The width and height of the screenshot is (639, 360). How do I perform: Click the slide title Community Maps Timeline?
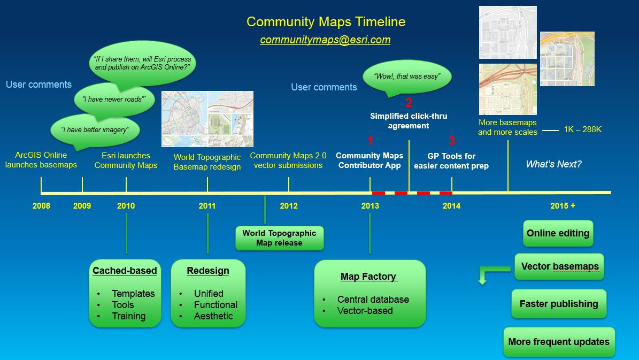pyautogui.click(x=326, y=22)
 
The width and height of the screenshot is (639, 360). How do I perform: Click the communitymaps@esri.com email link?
pyautogui.click(x=325, y=40)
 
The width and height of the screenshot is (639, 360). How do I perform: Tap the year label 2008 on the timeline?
pyautogui.click(x=41, y=206)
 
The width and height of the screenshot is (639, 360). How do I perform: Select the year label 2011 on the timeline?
pyautogui.click(x=207, y=206)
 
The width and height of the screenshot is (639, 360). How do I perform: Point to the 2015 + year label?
pyautogui.click(x=563, y=206)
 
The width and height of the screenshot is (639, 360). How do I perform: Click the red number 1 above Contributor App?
pyautogui.click(x=370, y=141)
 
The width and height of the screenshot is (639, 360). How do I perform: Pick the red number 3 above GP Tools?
pyautogui.click(x=452, y=141)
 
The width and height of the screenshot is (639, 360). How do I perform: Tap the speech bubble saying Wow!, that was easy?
pyautogui.click(x=407, y=76)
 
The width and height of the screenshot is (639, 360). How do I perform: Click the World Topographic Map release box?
pyautogui.click(x=279, y=238)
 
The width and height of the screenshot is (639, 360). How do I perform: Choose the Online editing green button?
pyautogui.click(x=558, y=233)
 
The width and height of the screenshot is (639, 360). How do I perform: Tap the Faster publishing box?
pyautogui.click(x=559, y=304)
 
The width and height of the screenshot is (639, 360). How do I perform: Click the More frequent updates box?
pyautogui.click(x=559, y=342)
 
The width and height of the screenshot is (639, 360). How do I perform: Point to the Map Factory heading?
pyautogui.click(x=368, y=277)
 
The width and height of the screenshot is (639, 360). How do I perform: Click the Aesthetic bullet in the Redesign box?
pyautogui.click(x=213, y=316)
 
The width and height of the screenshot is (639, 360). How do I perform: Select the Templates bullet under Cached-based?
pyautogui.click(x=133, y=294)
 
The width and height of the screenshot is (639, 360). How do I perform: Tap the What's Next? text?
pyautogui.click(x=553, y=164)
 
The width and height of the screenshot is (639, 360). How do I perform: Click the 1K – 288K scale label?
pyautogui.click(x=582, y=130)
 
